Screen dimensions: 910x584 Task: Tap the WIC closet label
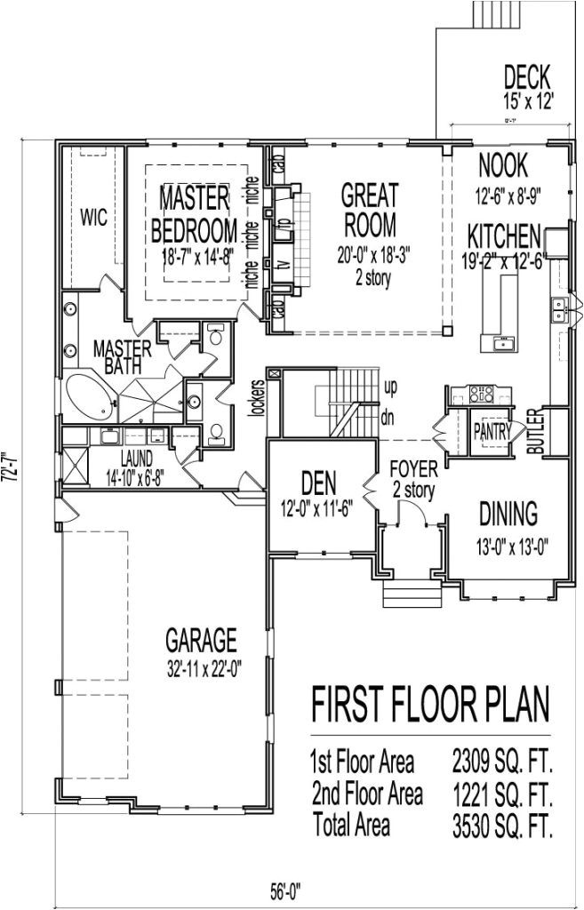(x=94, y=218)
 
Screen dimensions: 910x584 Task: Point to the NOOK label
(x=503, y=165)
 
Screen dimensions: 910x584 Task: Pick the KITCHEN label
(x=504, y=236)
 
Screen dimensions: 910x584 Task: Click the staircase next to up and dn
(x=340, y=392)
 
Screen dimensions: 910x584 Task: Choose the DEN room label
(x=317, y=485)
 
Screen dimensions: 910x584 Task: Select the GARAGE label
(x=201, y=638)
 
